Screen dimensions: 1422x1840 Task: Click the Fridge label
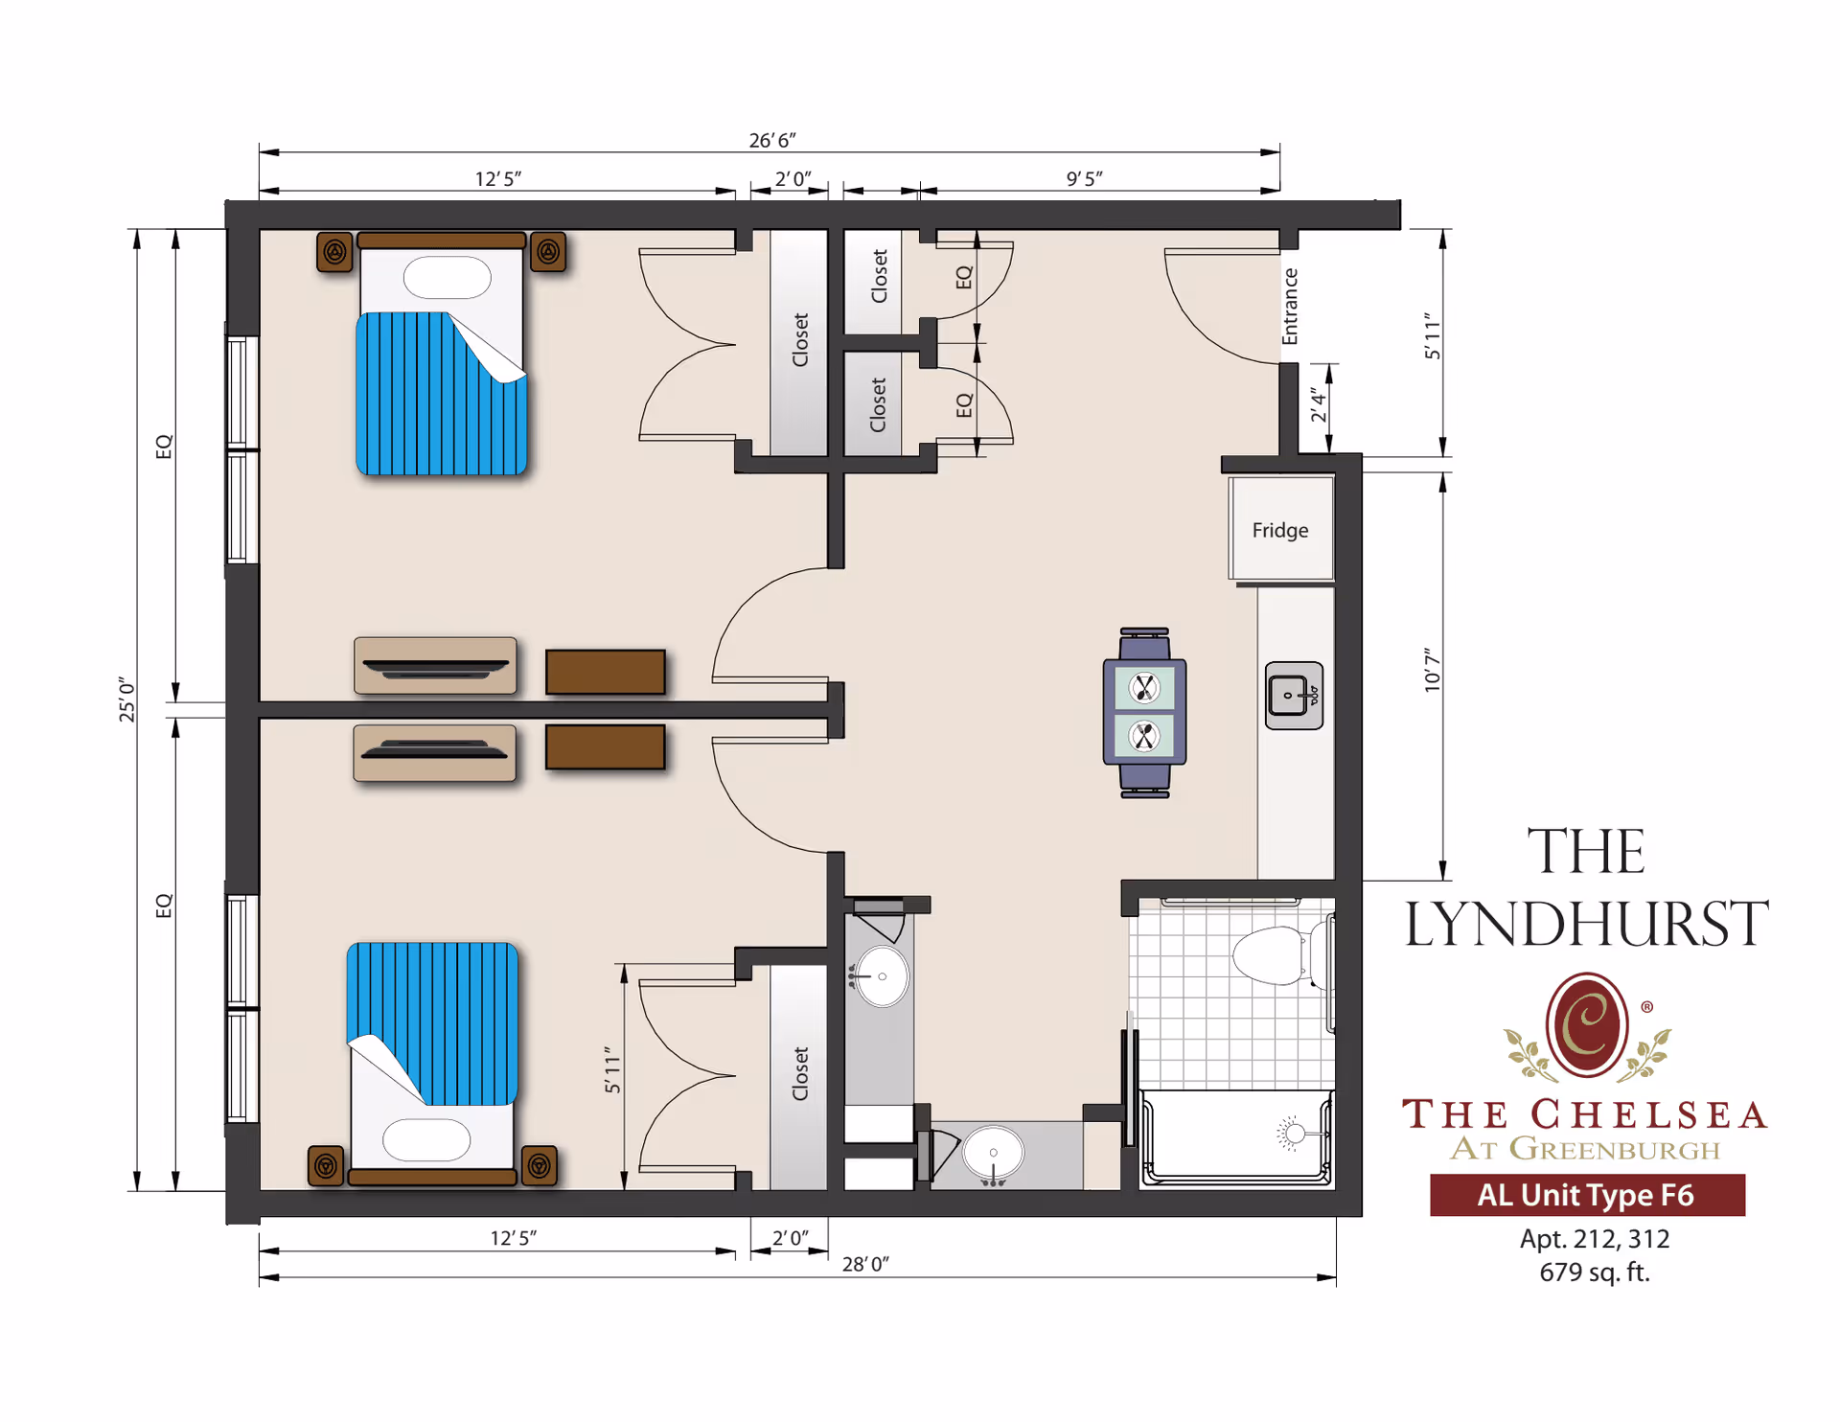point(1279,530)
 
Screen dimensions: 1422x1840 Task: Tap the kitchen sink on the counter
point(1293,696)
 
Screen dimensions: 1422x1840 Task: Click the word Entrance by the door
point(1290,306)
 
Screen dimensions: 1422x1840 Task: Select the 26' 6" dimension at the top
point(771,140)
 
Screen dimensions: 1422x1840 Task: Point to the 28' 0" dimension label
point(865,1264)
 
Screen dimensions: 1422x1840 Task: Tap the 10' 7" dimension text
point(1432,670)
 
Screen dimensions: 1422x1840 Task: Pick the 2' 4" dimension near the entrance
point(1319,405)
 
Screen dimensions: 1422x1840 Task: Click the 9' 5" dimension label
point(1084,178)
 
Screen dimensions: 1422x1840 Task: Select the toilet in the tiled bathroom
point(1275,955)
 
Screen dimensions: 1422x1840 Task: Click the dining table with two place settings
point(1144,712)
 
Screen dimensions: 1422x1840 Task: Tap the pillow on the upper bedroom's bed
point(447,278)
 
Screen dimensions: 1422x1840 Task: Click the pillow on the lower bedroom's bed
point(426,1140)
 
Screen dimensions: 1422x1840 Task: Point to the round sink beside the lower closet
point(882,976)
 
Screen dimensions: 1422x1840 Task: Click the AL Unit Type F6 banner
point(1586,1195)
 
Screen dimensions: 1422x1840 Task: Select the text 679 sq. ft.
point(1594,1273)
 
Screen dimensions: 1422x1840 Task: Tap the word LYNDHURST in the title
point(1586,923)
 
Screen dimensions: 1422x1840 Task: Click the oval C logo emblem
point(1587,1024)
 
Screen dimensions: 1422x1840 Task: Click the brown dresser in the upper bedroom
point(605,672)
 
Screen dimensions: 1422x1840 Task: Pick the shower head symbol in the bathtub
point(1294,1134)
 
